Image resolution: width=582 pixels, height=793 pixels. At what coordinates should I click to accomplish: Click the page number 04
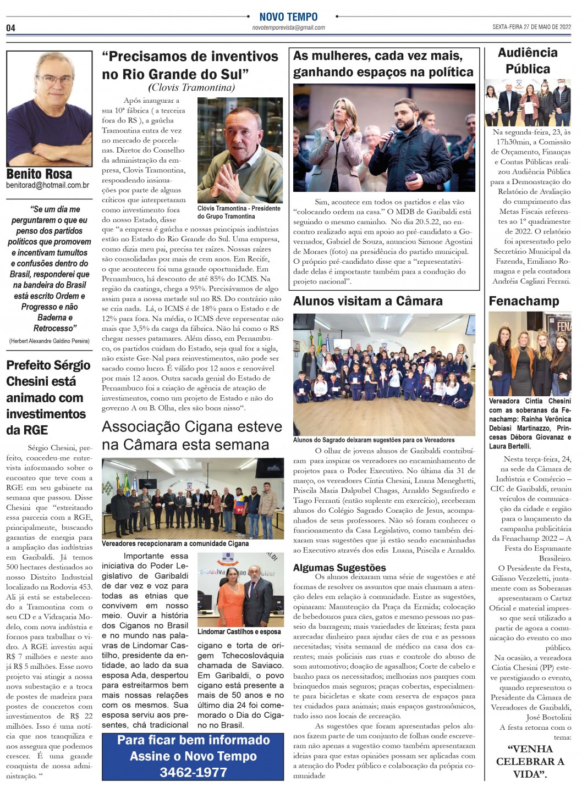click(x=11, y=28)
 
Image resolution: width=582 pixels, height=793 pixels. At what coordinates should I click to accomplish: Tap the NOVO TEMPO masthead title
click(x=288, y=17)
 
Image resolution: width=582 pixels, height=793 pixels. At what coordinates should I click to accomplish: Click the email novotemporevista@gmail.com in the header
click(x=288, y=27)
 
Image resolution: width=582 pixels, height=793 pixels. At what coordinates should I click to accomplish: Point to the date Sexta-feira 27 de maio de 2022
click(x=532, y=26)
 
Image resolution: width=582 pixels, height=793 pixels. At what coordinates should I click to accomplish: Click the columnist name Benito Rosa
click(x=39, y=174)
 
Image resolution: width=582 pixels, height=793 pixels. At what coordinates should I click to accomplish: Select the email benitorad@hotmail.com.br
click(x=48, y=186)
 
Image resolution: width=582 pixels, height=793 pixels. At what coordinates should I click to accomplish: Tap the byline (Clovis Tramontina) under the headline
click(x=191, y=87)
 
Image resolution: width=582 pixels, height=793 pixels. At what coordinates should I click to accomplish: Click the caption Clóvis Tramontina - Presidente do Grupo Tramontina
click(x=239, y=213)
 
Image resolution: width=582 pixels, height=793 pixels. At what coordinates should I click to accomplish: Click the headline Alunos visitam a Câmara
click(x=367, y=301)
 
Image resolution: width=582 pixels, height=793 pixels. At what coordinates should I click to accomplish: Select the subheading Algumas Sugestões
click(x=339, y=568)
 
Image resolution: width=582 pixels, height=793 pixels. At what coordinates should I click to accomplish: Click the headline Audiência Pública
click(x=528, y=61)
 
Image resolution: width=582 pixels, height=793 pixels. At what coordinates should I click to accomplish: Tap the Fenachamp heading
click(x=524, y=301)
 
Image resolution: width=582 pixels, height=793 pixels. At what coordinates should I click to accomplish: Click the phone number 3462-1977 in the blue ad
click(x=193, y=772)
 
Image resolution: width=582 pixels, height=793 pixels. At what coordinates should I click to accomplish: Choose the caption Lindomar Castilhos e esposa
click(x=239, y=631)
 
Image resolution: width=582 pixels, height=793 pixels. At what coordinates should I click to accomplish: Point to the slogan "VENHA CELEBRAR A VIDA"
click(x=530, y=761)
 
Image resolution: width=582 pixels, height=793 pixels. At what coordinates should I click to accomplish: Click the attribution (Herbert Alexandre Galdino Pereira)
click(x=49, y=341)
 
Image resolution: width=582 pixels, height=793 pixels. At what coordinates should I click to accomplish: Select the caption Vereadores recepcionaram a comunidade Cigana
click(x=175, y=544)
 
